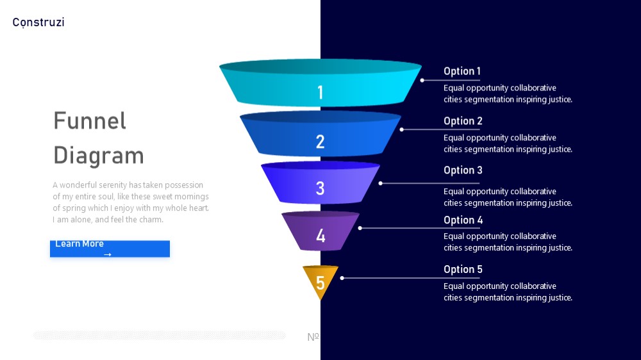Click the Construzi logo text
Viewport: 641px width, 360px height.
38,22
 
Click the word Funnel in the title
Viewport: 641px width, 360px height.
90,121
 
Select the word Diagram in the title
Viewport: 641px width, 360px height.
99,156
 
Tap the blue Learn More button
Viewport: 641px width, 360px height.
110,249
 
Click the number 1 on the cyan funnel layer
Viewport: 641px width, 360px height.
320,92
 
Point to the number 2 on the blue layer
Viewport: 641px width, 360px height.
320,142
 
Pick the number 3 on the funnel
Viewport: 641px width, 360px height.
320,188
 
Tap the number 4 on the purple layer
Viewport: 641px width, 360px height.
320,236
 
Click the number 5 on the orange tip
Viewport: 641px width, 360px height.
320,282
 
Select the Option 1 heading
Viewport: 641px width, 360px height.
462,71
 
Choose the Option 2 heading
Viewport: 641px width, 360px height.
463,121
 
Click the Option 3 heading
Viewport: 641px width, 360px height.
463,170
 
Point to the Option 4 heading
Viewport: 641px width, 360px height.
463,220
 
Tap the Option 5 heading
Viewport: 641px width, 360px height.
463,269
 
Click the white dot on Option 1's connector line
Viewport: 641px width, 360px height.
422,80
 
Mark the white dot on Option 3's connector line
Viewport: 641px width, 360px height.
381,183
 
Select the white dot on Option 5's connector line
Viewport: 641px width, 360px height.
342,278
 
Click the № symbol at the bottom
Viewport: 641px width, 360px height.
313,337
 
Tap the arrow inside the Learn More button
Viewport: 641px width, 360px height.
108,254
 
